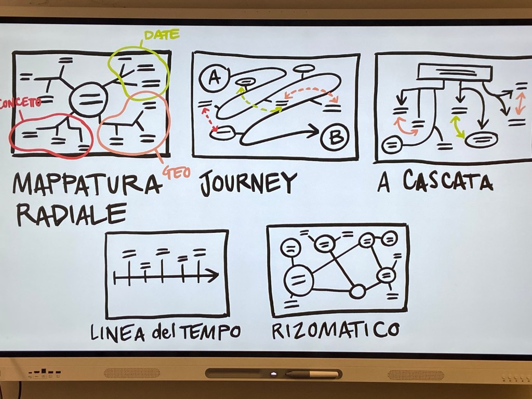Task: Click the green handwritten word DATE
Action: pyautogui.click(x=162, y=35)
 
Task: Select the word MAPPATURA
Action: pyautogui.click(x=86, y=184)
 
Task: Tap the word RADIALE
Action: pyautogui.click(x=71, y=213)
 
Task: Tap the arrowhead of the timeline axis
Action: pyautogui.click(x=214, y=276)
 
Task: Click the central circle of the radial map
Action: pyautogui.click(x=87, y=99)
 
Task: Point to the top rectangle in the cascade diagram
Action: pyautogui.click(x=455, y=72)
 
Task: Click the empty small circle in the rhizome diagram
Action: pyautogui.click(x=357, y=291)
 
